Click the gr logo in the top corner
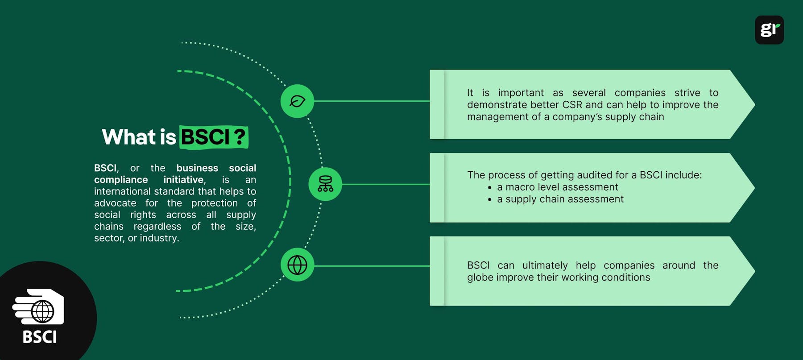point(769,30)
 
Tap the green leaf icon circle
point(297,101)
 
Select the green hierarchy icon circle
point(325,184)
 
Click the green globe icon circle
point(297,265)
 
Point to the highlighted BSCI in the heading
point(205,137)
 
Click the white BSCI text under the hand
point(40,337)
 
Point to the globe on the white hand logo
point(42,311)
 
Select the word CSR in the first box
point(572,105)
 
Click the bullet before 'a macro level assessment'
point(489,188)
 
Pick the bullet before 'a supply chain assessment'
point(489,200)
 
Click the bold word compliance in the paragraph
point(121,180)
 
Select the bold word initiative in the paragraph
point(184,180)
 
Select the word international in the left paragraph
point(123,191)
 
